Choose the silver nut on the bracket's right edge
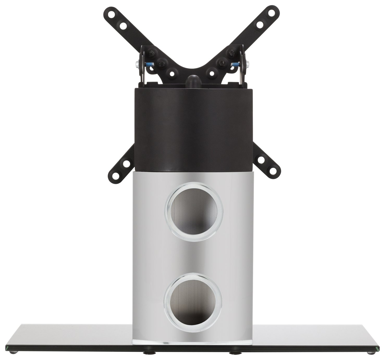coord(247,70)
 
